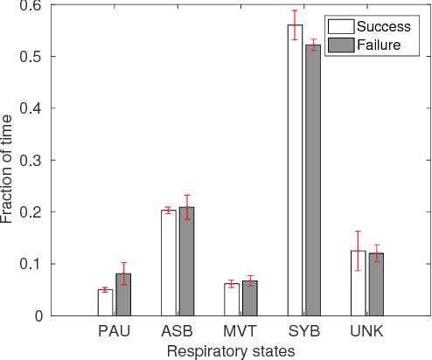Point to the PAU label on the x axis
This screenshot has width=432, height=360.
pos(114,333)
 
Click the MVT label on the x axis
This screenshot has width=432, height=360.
pos(240,333)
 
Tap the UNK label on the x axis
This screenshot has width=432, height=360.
pos(366,333)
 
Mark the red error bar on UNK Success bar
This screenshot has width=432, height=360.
pos(358,251)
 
